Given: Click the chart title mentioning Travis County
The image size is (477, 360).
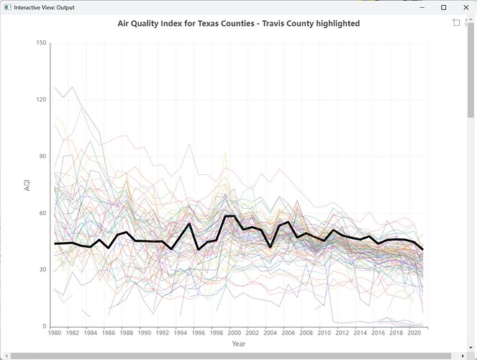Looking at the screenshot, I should click(x=238, y=24).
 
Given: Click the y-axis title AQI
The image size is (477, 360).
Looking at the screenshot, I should click(x=27, y=184).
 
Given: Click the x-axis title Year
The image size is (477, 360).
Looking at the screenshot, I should click(x=238, y=344).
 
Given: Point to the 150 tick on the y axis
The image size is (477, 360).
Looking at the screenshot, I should click(x=41, y=43).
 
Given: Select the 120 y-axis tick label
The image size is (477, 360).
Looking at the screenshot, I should click(x=41, y=100).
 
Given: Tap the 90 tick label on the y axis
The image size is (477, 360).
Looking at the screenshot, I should click(x=42, y=156).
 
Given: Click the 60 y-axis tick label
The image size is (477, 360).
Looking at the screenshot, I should click(x=42, y=213).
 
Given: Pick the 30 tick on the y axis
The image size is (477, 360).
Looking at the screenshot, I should click(x=42, y=270).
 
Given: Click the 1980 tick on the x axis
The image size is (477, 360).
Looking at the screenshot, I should click(x=54, y=333).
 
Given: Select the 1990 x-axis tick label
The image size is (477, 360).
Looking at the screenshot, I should click(x=144, y=333).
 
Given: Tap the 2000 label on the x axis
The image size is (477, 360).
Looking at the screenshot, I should click(x=234, y=333).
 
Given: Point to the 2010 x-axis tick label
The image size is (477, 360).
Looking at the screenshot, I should click(x=324, y=333).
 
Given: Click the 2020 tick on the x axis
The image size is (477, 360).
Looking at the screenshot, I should click(x=414, y=333).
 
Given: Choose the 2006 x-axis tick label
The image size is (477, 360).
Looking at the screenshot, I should click(x=288, y=333).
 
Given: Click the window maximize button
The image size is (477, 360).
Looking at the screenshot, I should click(x=443, y=7).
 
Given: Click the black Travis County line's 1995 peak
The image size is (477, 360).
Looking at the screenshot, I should click(x=189, y=224).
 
